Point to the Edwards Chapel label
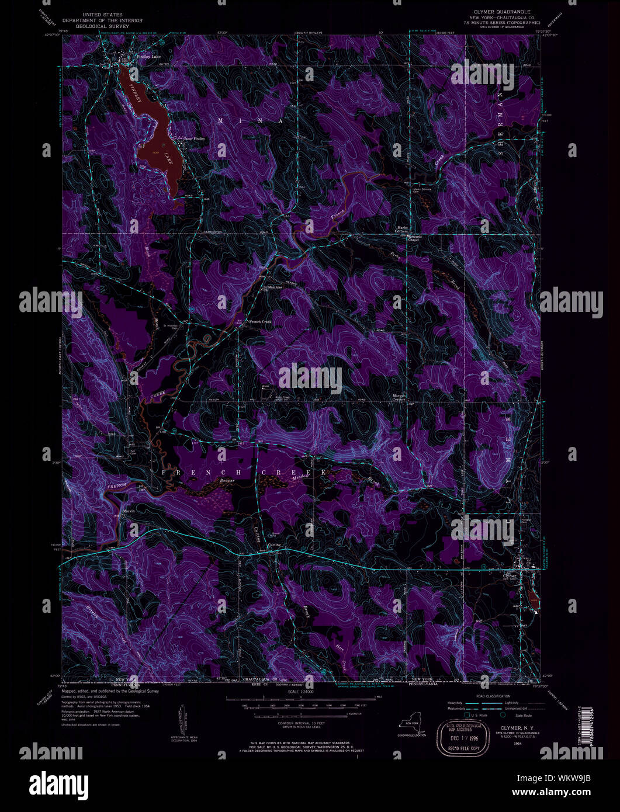(x=414, y=238)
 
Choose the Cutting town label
(x=273, y=545)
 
